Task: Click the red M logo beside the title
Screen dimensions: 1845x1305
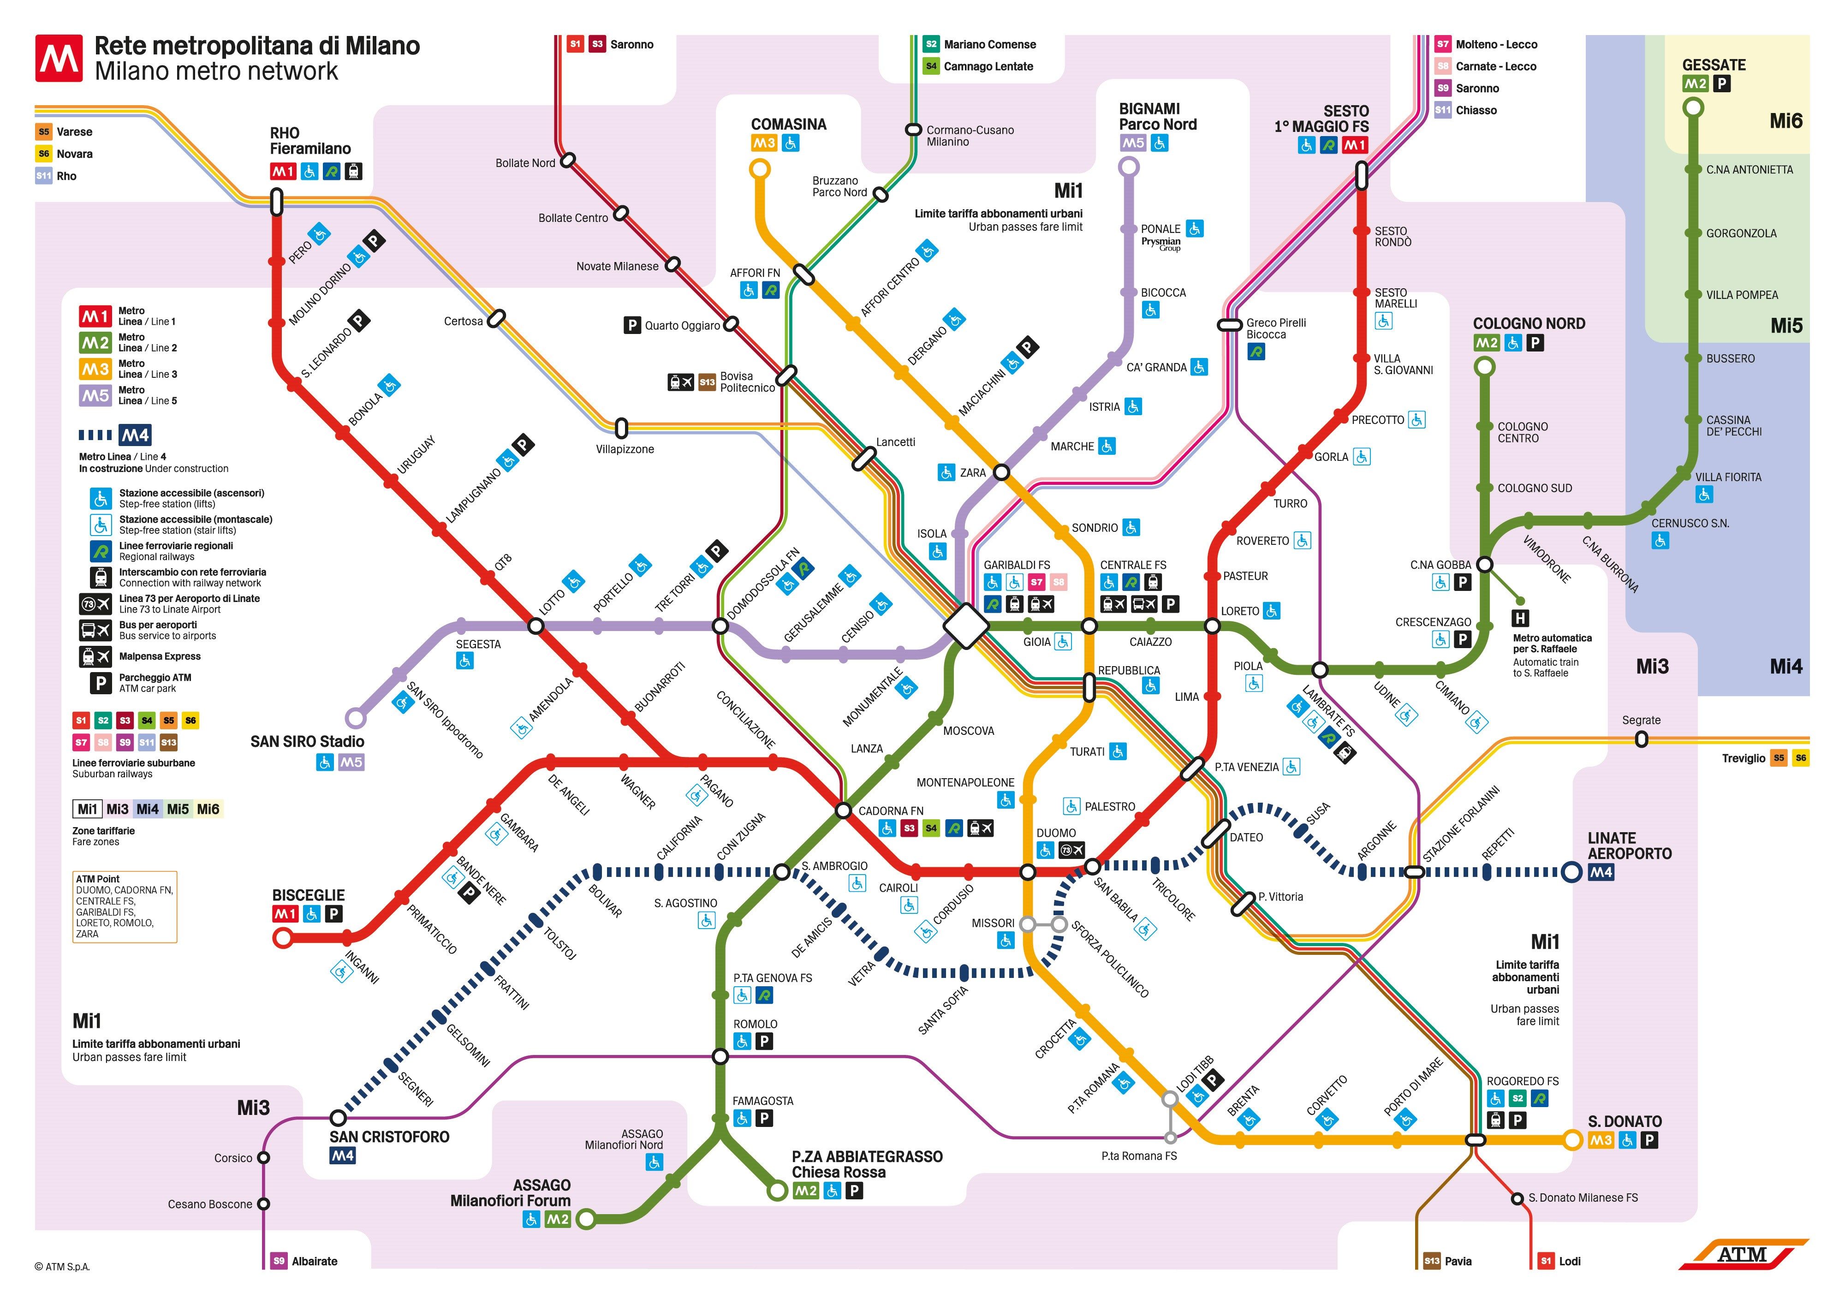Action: coord(59,58)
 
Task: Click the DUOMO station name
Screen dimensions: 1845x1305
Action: coord(1056,833)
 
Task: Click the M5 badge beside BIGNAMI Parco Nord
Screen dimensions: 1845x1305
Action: coord(1133,143)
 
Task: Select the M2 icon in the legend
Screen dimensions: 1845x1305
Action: coord(95,343)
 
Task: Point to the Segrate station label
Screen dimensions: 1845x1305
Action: coord(1641,720)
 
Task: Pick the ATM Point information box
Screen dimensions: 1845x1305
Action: coord(125,906)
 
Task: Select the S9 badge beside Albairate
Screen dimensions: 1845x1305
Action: coord(279,1261)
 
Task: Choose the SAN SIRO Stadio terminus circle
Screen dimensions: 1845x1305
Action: coord(355,718)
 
